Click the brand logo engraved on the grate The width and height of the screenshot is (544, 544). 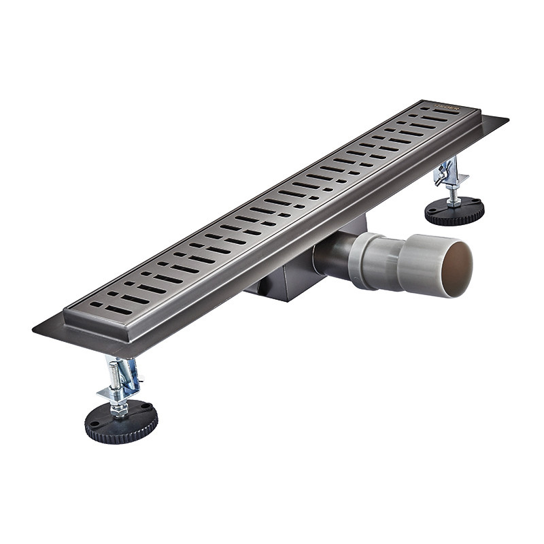[447, 108]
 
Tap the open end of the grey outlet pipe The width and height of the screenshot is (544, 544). [457, 269]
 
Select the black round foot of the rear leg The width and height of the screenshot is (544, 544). [454, 211]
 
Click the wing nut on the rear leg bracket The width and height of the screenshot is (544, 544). [443, 176]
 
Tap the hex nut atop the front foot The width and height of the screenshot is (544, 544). [120, 407]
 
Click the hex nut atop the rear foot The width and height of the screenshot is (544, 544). [453, 201]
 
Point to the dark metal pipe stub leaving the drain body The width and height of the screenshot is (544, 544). [330, 255]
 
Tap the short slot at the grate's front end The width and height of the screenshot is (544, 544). [97, 304]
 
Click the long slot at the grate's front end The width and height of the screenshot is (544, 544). [119, 310]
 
